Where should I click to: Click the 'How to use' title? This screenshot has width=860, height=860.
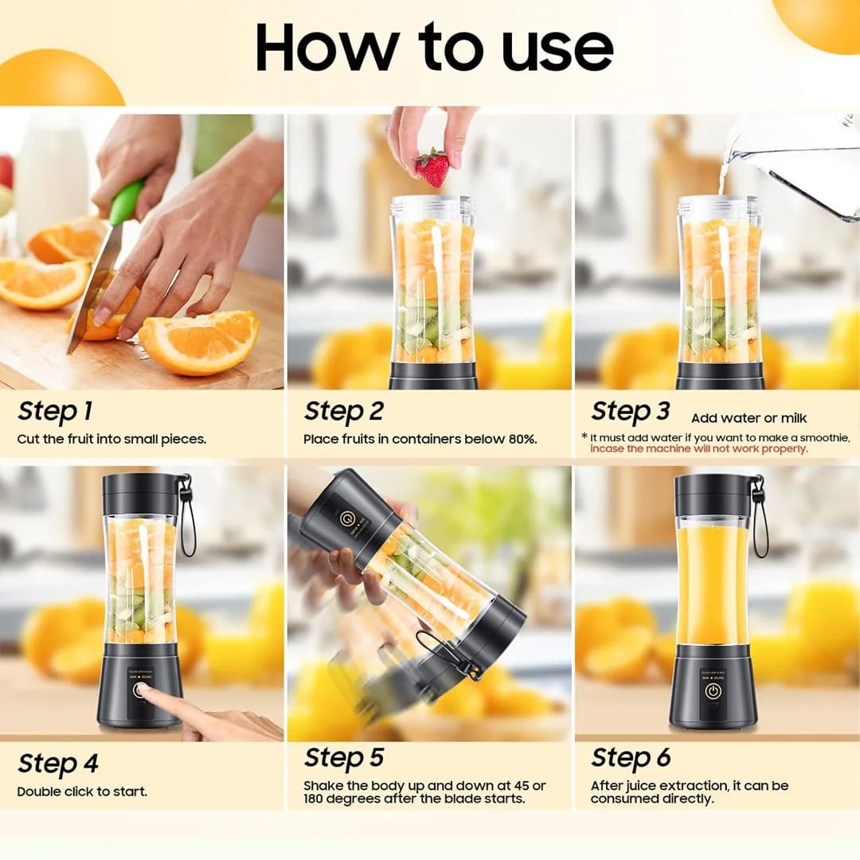tap(434, 48)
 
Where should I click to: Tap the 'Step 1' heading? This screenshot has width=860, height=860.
tap(55, 412)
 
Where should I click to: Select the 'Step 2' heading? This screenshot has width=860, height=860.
tap(343, 412)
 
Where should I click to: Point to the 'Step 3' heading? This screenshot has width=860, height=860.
tap(630, 412)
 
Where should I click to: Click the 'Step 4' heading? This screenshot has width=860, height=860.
tap(58, 764)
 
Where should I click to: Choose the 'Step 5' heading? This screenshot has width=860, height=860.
tap(343, 757)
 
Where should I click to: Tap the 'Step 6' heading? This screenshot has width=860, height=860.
tap(631, 757)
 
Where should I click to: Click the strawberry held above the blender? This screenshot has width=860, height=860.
tap(432, 168)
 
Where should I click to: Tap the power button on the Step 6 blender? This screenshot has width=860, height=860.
tap(712, 691)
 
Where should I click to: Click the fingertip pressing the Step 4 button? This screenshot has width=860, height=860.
tap(147, 690)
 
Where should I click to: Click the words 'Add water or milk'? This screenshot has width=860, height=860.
tap(749, 418)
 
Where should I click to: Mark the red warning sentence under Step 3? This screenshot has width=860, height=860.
tap(698, 449)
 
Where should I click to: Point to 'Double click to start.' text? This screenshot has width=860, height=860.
tap(82, 792)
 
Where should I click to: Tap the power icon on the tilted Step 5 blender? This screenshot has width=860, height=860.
tap(346, 519)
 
